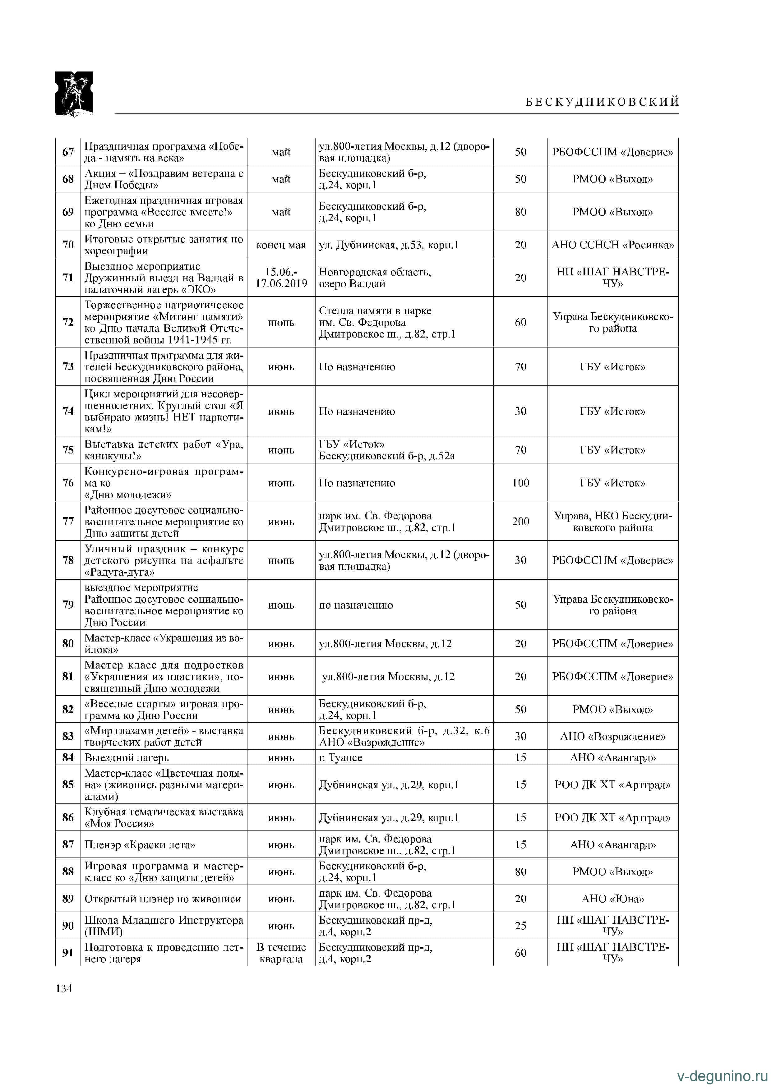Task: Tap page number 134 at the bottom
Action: tap(64, 988)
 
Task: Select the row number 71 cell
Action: tap(68, 277)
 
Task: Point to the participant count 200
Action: tap(520, 521)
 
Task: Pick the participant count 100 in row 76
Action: tap(520, 483)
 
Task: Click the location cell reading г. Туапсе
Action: tap(340, 757)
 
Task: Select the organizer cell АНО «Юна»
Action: tap(612, 899)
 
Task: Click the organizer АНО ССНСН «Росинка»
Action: tap(612, 245)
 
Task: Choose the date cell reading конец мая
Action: tap(281, 245)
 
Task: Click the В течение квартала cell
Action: tap(281, 953)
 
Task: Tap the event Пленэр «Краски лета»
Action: tap(140, 844)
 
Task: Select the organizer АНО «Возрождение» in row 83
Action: tap(612, 736)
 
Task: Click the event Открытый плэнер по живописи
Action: tap(163, 899)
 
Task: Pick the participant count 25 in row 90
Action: tap(520, 925)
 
